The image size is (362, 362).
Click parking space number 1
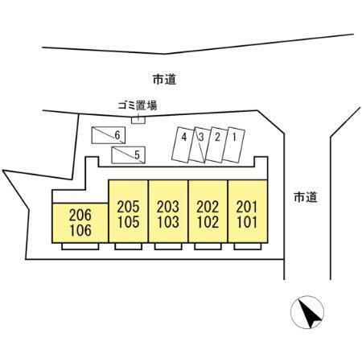[234, 145]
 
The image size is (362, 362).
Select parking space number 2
[217, 145]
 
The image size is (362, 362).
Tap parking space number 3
[200, 145]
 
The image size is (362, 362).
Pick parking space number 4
[183, 145]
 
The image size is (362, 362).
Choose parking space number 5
[128, 155]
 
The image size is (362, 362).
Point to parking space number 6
[109, 135]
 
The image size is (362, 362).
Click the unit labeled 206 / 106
[80, 223]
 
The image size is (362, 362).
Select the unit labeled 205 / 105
[129, 212]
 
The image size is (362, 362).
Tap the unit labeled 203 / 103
[168, 212]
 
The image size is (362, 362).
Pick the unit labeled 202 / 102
[208, 212]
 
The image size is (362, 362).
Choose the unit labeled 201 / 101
[248, 212]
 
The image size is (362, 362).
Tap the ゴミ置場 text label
[138, 105]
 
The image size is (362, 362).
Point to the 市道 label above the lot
[164, 80]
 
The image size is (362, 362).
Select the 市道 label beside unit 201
[306, 197]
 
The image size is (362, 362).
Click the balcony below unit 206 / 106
[80, 246]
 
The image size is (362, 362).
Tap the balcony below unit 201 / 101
[248, 246]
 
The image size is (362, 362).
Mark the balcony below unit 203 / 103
[168, 246]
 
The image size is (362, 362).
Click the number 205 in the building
[129, 207]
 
